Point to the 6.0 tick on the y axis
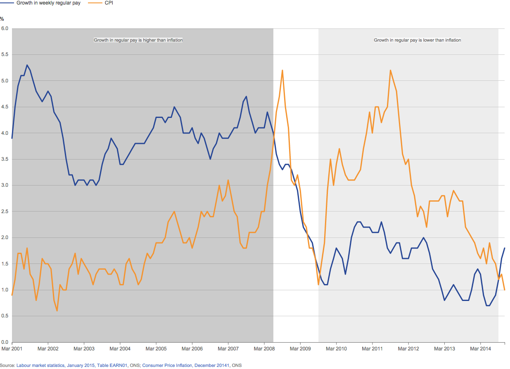point(5,28)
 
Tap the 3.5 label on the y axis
point(5,159)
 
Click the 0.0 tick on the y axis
point(5,342)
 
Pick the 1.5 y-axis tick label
point(5,264)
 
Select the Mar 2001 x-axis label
point(12,349)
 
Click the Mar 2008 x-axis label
point(264,349)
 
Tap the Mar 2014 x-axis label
point(480,349)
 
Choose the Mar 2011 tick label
point(372,349)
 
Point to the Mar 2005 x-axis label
point(156,349)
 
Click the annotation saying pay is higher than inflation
point(138,40)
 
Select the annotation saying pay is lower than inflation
point(417,40)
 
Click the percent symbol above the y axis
point(2,19)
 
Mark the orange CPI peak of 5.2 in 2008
point(282,70)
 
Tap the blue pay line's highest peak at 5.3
point(27,65)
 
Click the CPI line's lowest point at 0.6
point(57,310)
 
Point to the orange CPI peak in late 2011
point(390,70)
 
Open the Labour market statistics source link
point(40,365)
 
